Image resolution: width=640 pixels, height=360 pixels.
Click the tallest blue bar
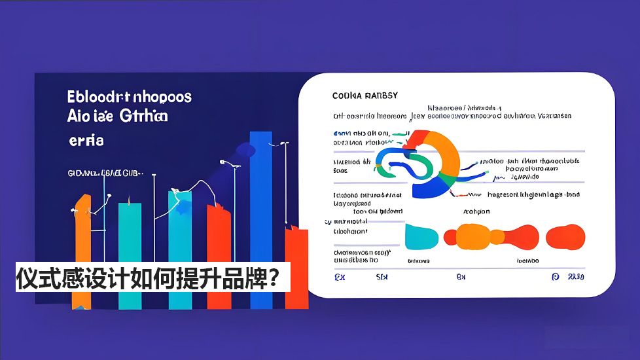pos(261,216)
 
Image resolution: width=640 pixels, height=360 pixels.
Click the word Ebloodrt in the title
pos(98,97)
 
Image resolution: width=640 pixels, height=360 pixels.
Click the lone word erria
pos(86,140)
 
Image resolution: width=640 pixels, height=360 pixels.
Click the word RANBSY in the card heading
pos(381,96)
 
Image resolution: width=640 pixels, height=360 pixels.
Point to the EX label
pos(339,277)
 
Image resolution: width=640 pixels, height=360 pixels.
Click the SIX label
pos(382,277)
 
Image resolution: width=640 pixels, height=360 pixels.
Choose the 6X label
pos(461,277)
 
